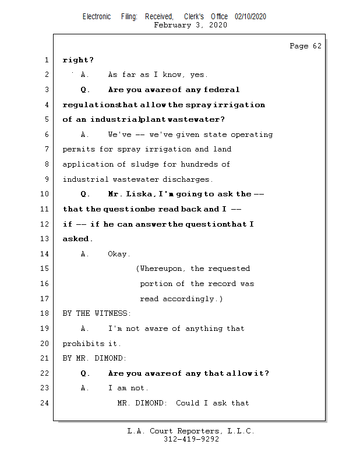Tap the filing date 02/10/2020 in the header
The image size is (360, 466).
click(250, 17)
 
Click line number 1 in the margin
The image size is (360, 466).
click(46, 60)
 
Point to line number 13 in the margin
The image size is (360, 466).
click(44, 239)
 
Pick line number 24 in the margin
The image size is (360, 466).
click(44, 403)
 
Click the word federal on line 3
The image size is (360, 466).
click(222, 90)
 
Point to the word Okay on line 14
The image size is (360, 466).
click(119, 254)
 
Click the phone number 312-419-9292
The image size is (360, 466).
click(191, 440)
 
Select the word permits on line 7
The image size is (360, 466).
click(78, 149)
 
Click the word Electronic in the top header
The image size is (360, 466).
click(97, 17)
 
